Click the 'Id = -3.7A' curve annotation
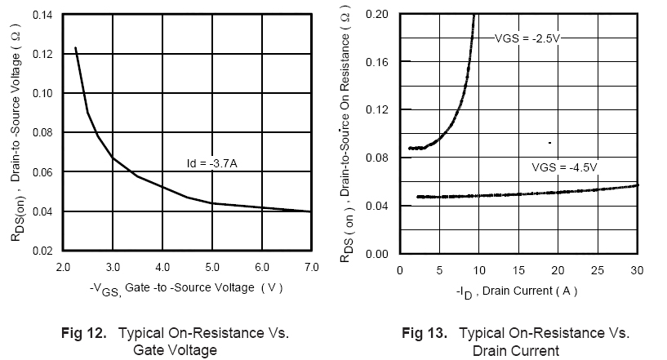tap(211, 164)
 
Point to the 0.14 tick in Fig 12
tap(42, 15)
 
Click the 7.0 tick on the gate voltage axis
tap(310, 267)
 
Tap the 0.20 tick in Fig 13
tap(379, 15)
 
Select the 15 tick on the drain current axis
tap(519, 269)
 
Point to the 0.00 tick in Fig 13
tap(379, 254)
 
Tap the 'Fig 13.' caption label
tap(425, 334)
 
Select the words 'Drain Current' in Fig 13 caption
tap(516, 350)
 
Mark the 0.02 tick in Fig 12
tap(42, 251)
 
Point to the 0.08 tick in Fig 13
tap(379, 158)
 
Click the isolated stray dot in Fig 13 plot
tap(549, 143)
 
